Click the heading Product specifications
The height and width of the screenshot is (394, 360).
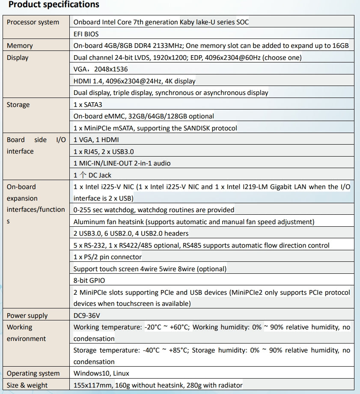[x=54, y=5]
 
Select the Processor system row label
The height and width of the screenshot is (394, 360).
[x=33, y=22]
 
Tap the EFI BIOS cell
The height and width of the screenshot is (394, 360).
[x=86, y=34]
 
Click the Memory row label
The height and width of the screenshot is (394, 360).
[x=20, y=46]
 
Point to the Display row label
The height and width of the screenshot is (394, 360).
[x=18, y=58]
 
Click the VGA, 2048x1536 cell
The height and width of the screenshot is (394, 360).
[x=101, y=69]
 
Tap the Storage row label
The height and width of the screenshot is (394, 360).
[x=18, y=104]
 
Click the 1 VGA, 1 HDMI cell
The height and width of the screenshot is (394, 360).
[x=96, y=139]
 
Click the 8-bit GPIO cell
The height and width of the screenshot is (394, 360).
[x=89, y=280]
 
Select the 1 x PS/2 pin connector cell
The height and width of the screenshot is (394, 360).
[x=107, y=257]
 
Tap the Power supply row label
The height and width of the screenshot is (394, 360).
[x=27, y=316]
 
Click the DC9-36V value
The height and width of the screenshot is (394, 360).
[x=88, y=316]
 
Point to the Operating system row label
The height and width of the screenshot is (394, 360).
[x=34, y=373]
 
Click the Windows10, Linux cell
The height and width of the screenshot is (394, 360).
[x=101, y=373]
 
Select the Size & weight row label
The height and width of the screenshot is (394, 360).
[x=27, y=385]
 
